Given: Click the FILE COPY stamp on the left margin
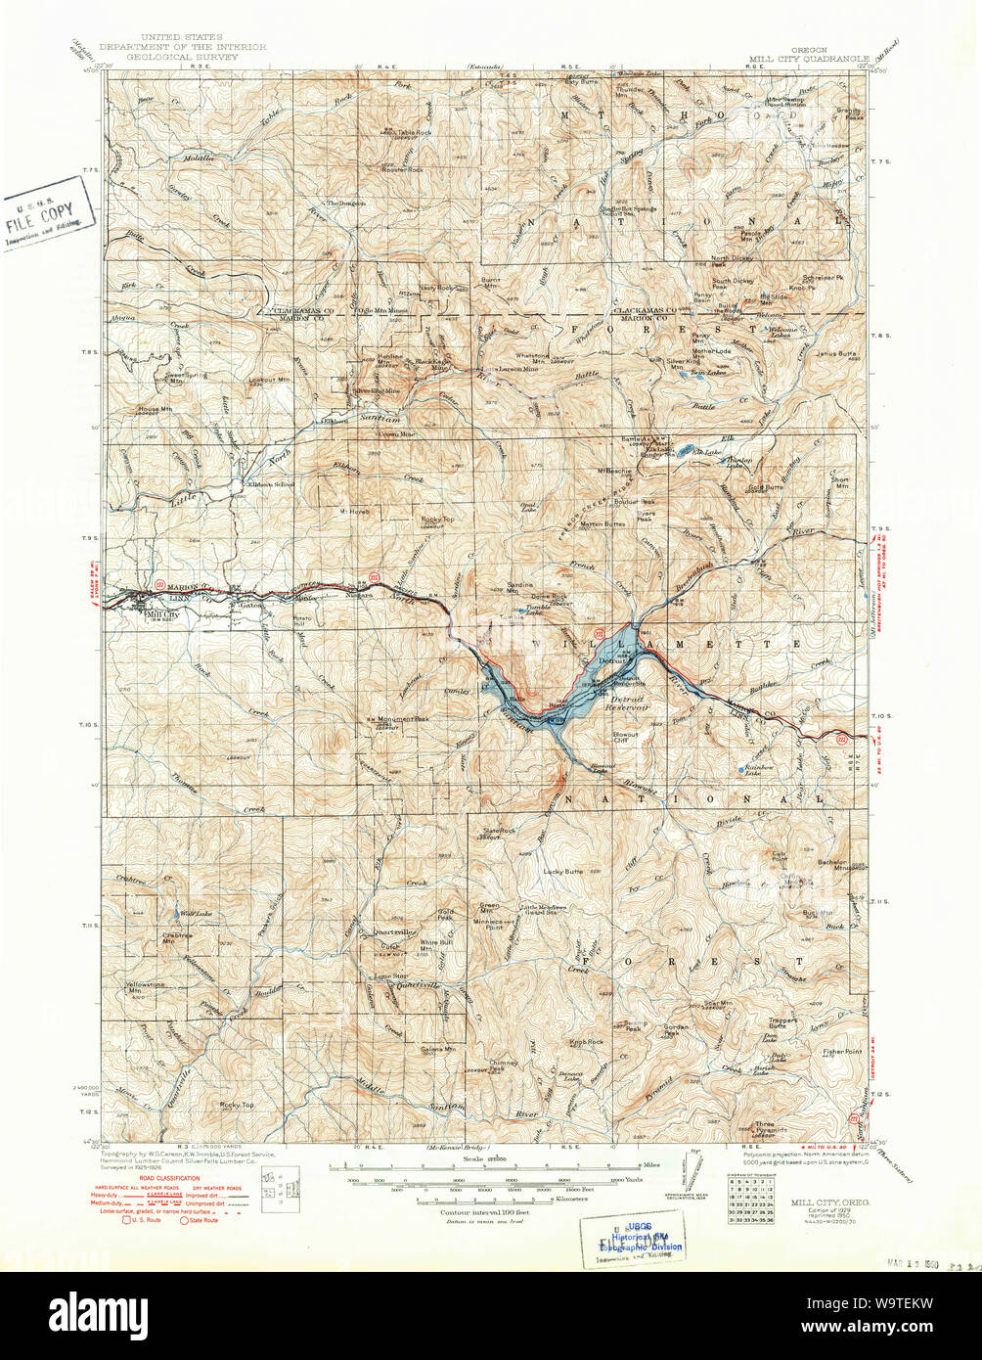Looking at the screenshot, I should [48, 212].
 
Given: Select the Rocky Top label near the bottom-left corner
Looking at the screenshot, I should [237, 1105].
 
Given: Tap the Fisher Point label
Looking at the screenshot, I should [842, 1051].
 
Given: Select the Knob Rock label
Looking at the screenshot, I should [587, 1043].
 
